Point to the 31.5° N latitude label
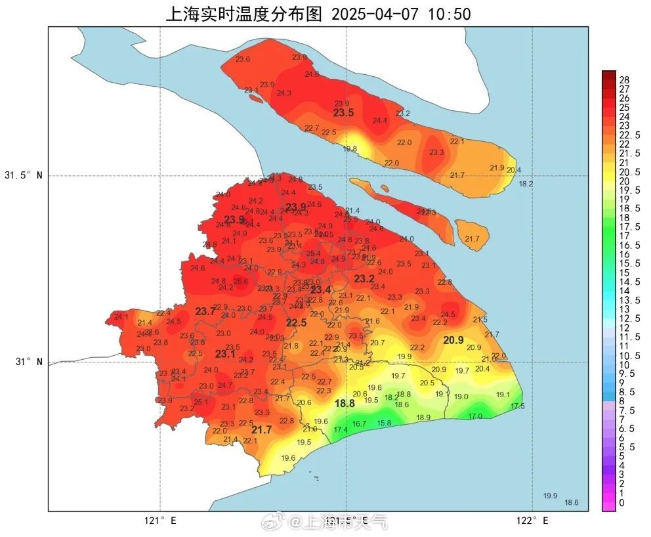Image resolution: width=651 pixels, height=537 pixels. (x=23, y=176)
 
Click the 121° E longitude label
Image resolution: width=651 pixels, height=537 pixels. (x=160, y=521)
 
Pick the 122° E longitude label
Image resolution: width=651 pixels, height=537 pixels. (x=532, y=521)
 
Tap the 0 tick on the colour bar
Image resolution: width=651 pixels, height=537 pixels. (x=622, y=503)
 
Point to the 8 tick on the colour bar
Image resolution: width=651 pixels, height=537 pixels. (x=622, y=401)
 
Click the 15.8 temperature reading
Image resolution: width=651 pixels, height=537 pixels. (x=384, y=423)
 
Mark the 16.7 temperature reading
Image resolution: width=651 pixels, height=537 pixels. (x=359, y=424)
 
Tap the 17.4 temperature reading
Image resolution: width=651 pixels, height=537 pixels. (x=341, y=430)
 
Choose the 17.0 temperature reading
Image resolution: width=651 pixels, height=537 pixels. (x=474, y=416)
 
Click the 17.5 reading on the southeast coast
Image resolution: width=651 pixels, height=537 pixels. (x=517, y=406)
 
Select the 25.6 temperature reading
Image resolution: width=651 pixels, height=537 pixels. (x=241, y=282)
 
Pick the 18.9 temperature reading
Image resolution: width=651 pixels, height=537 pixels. (x=423, y=418)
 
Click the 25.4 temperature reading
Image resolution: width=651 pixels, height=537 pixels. (x=313, y=253)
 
